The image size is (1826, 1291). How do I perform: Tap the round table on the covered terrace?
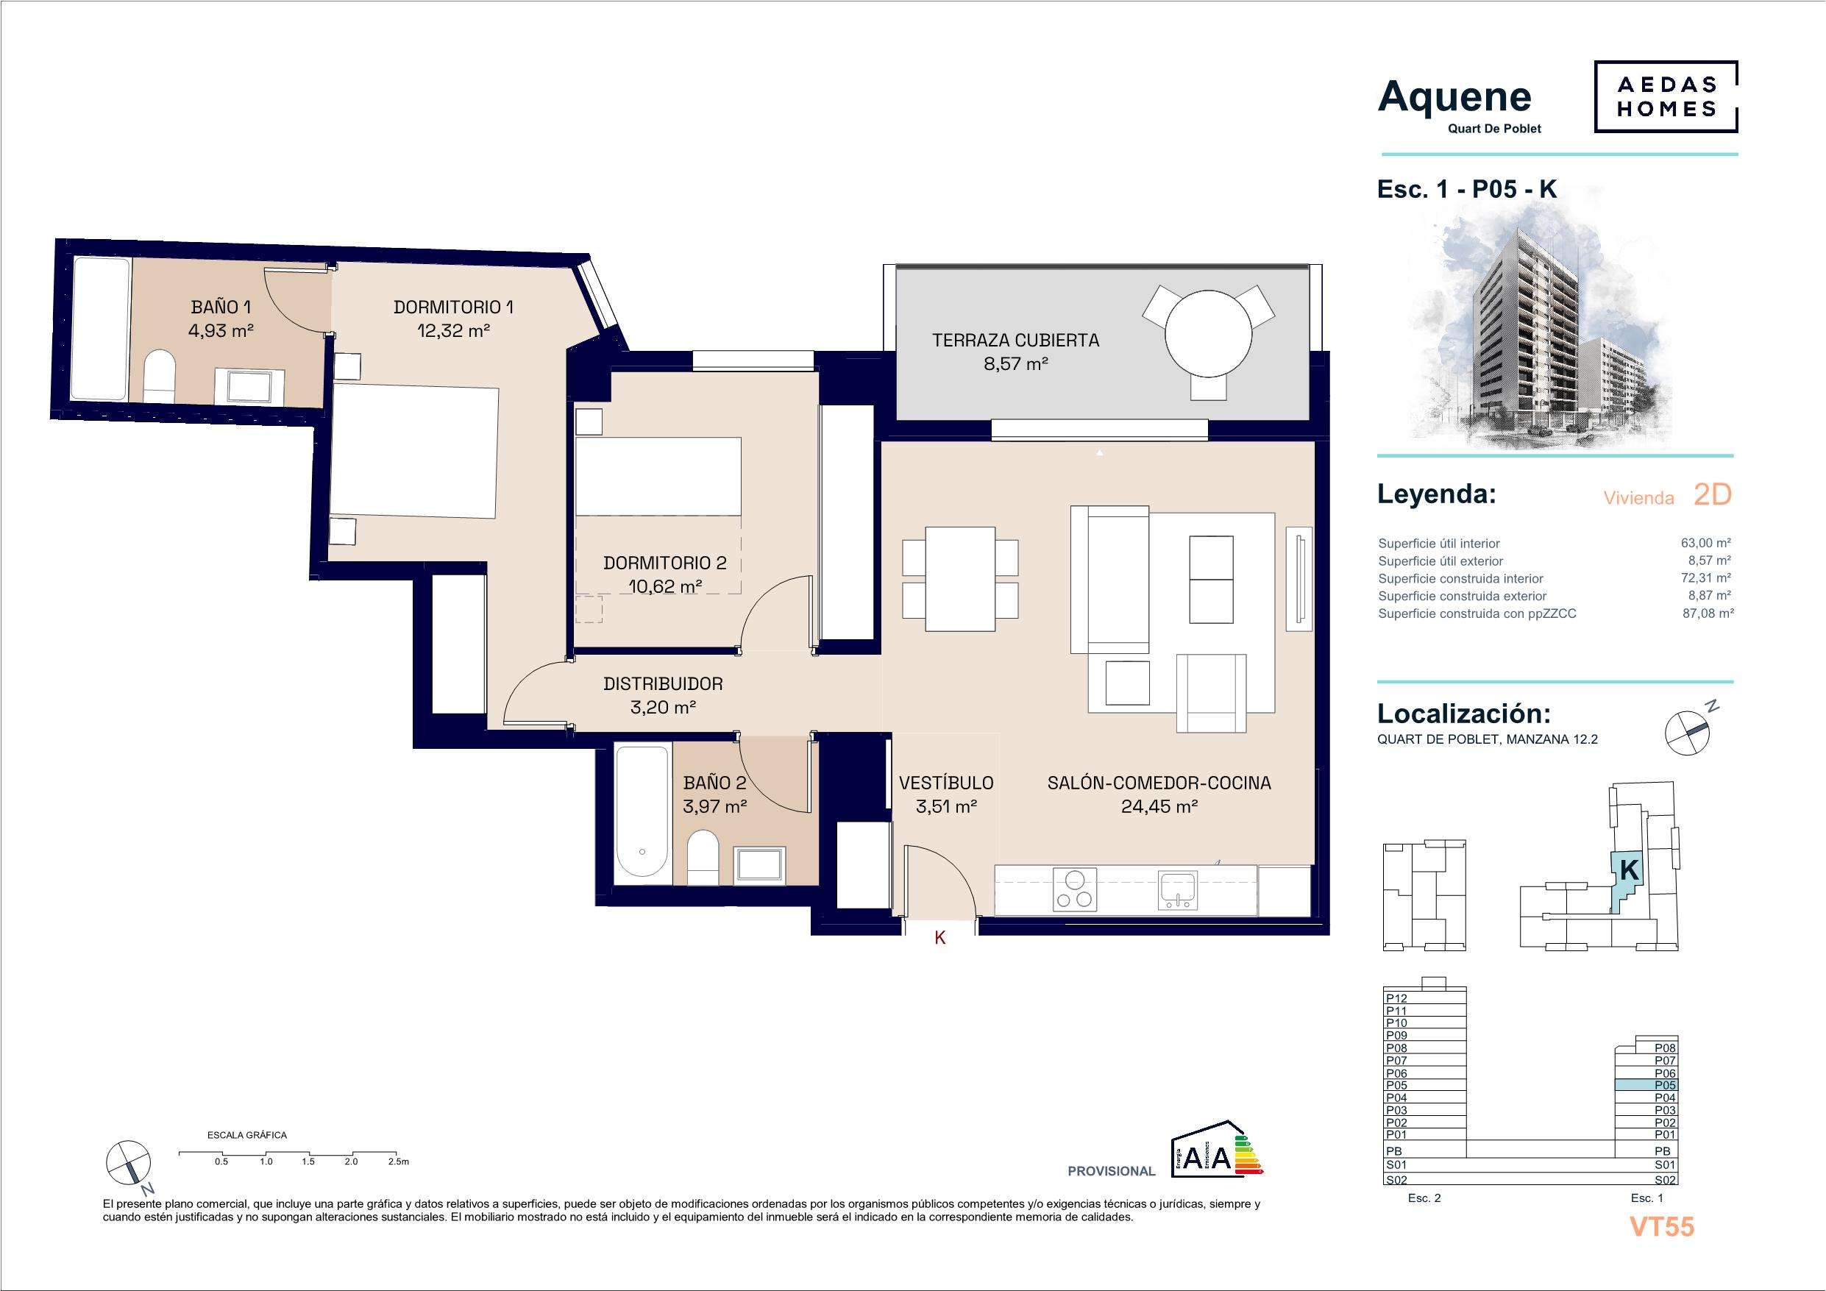[1208, 334]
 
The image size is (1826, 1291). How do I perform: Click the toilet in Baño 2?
[703, 858]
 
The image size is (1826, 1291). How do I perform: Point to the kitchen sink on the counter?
[1178, 890]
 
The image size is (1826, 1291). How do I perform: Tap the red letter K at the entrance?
[940, 939]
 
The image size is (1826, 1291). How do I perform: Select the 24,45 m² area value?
[1159, 806]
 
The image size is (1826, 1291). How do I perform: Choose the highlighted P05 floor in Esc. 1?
[1646, 1085]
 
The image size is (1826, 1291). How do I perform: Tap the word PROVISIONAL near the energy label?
[1111, 1171]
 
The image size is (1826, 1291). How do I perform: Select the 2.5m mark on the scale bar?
[399, 1162]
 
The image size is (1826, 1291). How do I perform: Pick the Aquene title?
[1454, 97]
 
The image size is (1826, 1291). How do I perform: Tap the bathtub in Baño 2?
[642, 811]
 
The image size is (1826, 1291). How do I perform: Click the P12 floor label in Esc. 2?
[1396, 998]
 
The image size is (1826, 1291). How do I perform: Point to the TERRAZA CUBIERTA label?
[1015, 341]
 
